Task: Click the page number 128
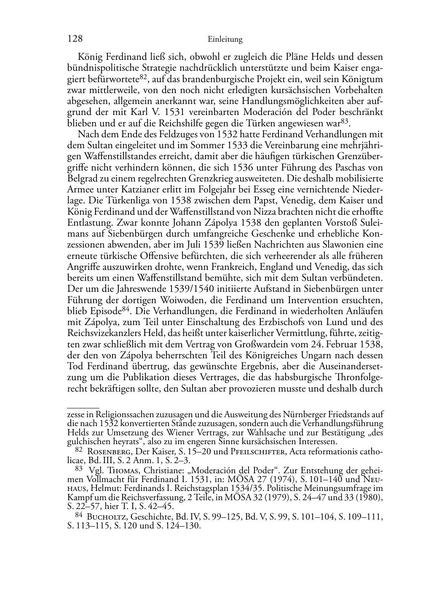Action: pyautogui.click(x=74, y=39)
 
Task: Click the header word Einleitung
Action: pyautogui.click(x=225, y=40)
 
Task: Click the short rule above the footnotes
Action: pyautogui.click(x=83, y=408)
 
